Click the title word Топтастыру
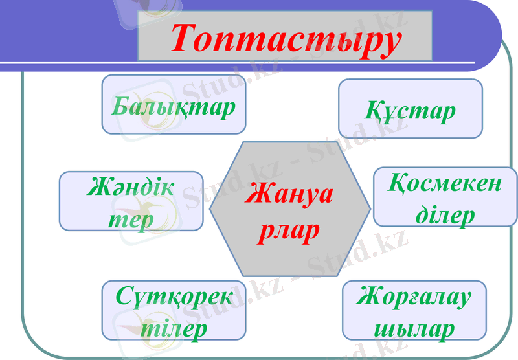click(x=286, y=38)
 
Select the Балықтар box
click(x=174, y=104)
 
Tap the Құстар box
click(x=410, y=109)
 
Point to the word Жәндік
click(x=131, y=188)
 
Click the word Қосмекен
click(x=445, y=184)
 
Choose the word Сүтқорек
click(x=174, y=297)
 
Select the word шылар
click(x=414, y=329)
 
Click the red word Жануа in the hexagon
click(x=289, y=195)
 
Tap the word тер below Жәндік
click(x=131, y=219)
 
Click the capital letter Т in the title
click(x=186, y=39)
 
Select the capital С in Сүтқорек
click(x=126, y=297)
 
